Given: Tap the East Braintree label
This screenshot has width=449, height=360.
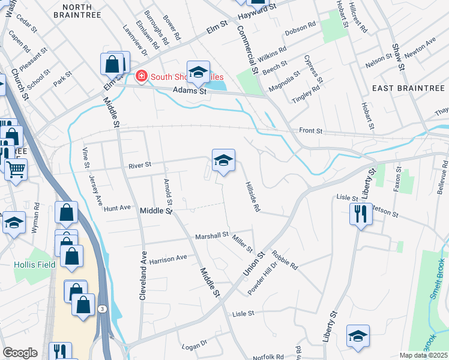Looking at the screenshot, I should [x=408, y=88].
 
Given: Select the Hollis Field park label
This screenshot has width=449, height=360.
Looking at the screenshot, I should [x=35, y=264].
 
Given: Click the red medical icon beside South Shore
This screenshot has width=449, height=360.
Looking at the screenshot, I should [x=141, y=76].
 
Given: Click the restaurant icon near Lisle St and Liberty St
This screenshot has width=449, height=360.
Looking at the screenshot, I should [x=360, y=214].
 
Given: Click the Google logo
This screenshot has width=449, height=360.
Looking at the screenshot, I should [x=20, y=353].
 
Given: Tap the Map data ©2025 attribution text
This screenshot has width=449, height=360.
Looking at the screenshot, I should [x=424, y=355].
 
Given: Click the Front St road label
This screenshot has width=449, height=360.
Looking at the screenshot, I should [x=311, y=131].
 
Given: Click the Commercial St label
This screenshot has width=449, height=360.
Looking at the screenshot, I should [x=247, y=49].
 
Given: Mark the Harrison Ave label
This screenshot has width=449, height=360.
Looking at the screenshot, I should [x=168, y=259].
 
